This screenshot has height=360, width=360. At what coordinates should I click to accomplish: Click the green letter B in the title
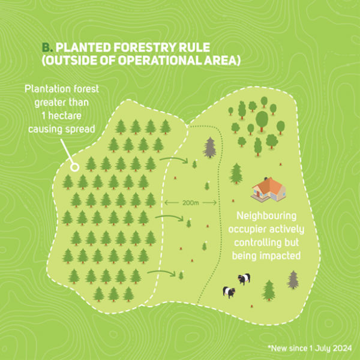[46, 47]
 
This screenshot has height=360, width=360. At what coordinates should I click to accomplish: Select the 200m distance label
[190, 203]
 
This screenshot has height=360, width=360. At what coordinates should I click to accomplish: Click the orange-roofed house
[268, 189]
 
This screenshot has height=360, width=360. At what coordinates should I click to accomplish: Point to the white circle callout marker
[74, 167]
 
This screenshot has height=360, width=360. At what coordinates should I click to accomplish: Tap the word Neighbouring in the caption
[266, 216]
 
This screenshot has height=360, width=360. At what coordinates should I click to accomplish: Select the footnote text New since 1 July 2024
[311, 348]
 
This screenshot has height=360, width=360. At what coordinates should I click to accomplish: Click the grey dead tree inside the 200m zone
[209, 148]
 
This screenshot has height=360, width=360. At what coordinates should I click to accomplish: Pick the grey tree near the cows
[293, 280]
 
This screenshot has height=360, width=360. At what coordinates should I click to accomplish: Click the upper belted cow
[244, 279]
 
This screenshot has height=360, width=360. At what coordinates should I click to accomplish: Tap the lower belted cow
[229, 292]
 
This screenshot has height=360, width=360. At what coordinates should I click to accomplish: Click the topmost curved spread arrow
[175, 159]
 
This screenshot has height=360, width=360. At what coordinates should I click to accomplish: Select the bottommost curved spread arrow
[162, 272]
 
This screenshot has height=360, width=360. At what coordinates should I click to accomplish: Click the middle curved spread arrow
[170, 217]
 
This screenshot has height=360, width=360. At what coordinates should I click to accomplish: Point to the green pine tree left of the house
[236, 173]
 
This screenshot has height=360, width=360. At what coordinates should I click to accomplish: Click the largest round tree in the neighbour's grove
[262, 121]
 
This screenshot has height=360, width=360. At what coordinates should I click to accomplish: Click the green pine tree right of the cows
[269, 290]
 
